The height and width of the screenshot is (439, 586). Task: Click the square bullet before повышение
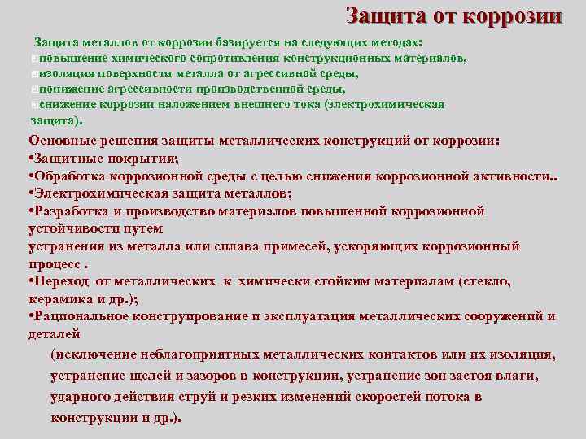(33, 59)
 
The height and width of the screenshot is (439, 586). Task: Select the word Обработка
(69, 176)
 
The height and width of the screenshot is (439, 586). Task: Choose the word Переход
(62, 281)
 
